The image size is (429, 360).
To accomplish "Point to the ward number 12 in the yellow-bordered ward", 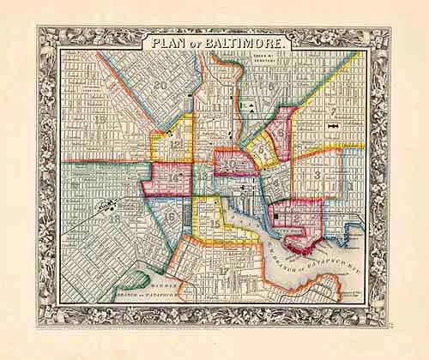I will point(176,146).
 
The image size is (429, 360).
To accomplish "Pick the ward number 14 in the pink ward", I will point(175,177).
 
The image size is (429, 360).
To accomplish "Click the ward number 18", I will point(115,219).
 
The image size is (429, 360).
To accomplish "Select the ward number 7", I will point(331,111).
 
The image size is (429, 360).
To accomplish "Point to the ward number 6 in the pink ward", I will point(280,134).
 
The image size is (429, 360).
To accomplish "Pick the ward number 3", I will point(317,176).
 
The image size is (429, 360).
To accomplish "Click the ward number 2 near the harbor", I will point(296,219).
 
